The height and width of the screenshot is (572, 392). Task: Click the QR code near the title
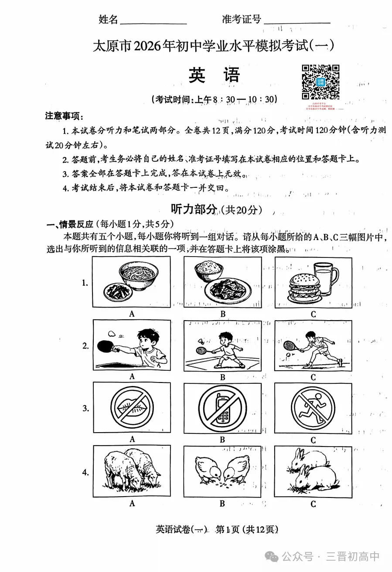pos(320,82)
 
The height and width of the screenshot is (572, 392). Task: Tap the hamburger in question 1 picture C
pos(305,288)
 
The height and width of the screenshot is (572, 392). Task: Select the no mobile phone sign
pos(222,408)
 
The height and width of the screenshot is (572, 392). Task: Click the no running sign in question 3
pos(313,408)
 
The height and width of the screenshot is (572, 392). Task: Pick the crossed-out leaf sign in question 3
pos(132,408)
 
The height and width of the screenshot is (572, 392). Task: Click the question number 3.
pos(86,408)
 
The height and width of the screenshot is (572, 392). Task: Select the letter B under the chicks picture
pos(222,504)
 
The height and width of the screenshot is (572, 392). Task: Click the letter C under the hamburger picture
pos(313,314)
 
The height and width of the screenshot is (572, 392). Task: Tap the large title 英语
pos(214,75)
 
